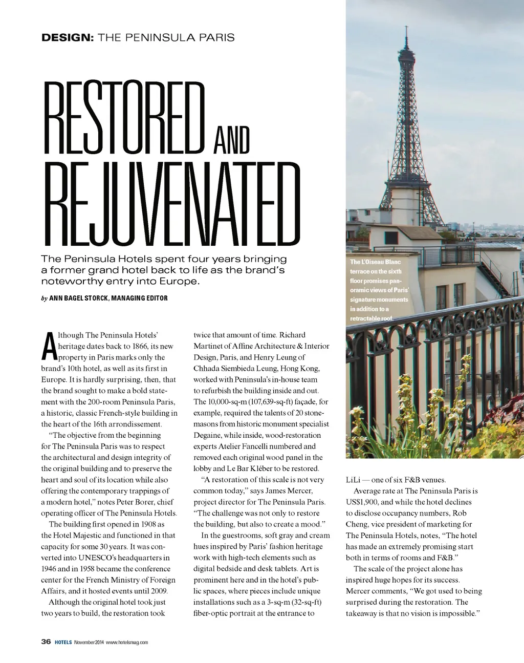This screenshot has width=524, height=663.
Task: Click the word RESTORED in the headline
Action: (124, 117)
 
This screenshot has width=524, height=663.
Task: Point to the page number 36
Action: (46, 641)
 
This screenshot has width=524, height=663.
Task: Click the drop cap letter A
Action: (49, 347)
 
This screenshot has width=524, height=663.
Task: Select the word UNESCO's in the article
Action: (121, 558)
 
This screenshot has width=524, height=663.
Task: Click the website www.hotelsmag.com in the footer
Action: (127, 642)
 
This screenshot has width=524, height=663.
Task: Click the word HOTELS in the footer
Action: (63, 642)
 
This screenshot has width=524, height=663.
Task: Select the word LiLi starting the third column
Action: (353, 480)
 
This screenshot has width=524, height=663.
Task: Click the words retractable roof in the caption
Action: (371, 318)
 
